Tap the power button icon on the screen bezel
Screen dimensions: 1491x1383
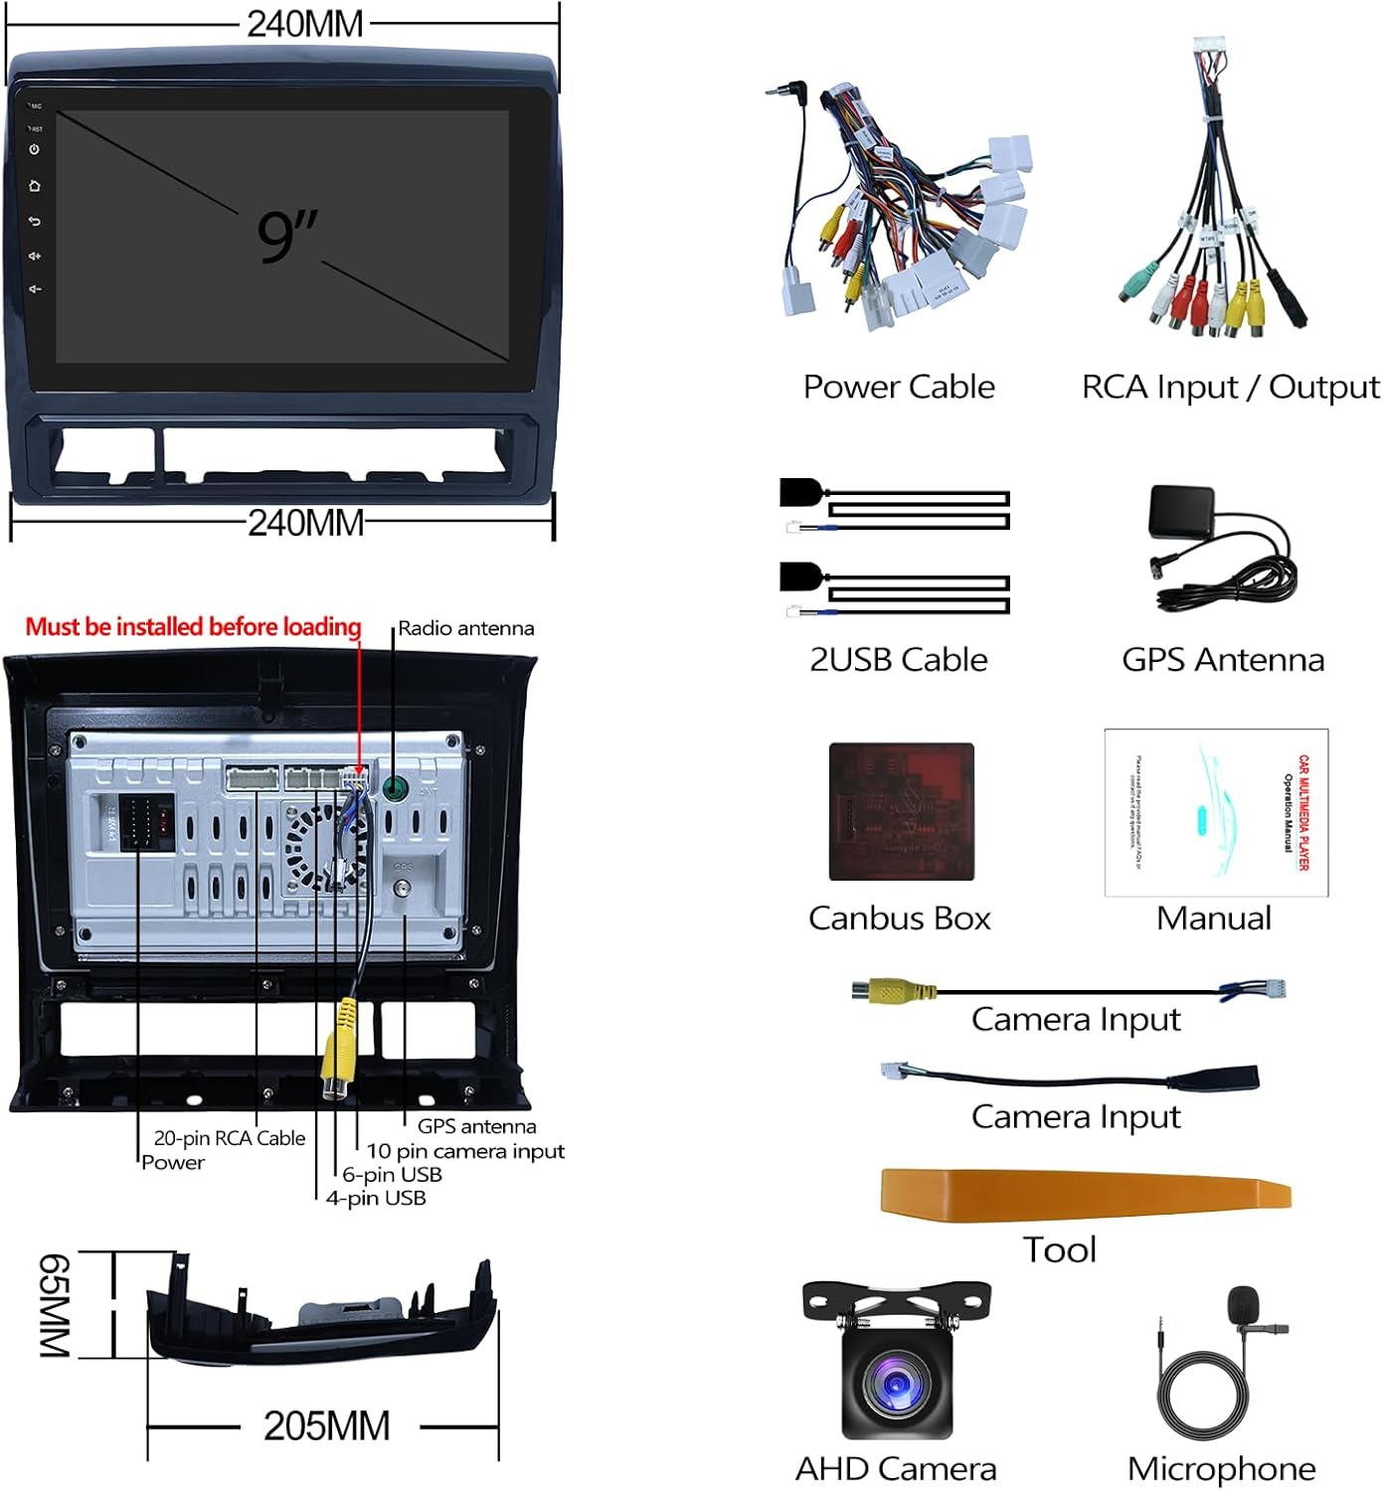[35, 149]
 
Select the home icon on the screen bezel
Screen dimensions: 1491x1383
[35, 186]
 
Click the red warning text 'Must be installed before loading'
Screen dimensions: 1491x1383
[193, 627]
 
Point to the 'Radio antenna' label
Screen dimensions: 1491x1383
[465, 628]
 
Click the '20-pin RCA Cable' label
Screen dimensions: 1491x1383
[229, 1138]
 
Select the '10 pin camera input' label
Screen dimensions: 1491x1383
[465, 1151]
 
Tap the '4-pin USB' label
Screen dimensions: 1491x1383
[376, 1199]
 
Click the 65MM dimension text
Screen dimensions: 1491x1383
[55, 1304]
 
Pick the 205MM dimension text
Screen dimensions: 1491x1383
[326, 1426]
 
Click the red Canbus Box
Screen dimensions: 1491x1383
[901, 811]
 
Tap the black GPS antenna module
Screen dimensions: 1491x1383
[1181, 513]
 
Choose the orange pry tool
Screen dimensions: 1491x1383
[1084, 1192]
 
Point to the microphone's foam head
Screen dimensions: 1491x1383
[1243, 1304]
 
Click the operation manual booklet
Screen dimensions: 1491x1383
[1216, 812]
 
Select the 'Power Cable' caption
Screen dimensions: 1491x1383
[899, 387]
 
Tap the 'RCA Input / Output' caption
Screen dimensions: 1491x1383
[1230, 387]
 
